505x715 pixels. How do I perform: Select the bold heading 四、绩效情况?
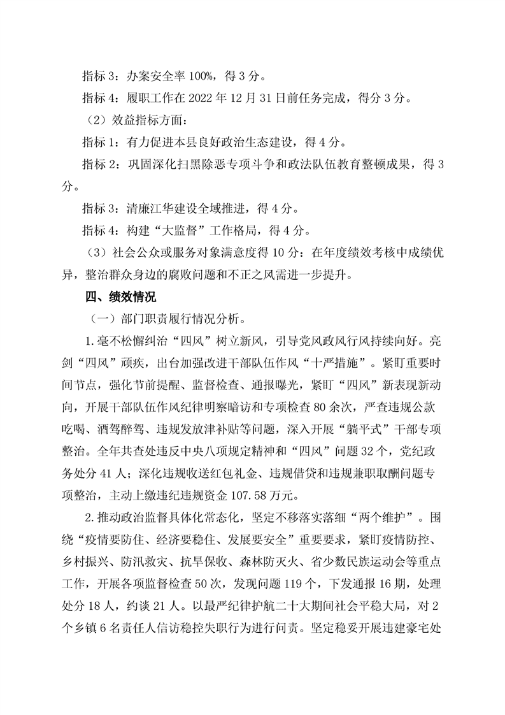coord(117,297)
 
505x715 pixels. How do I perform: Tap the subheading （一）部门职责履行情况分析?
coord(164,319)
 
